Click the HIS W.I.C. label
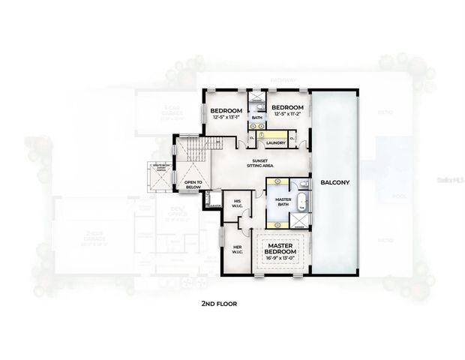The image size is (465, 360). tap(237, 203)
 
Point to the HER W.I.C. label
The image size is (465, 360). tap(237, 249)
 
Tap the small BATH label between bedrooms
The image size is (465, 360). tap(256, 118)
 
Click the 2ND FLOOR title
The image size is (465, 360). tap(219, 304)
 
